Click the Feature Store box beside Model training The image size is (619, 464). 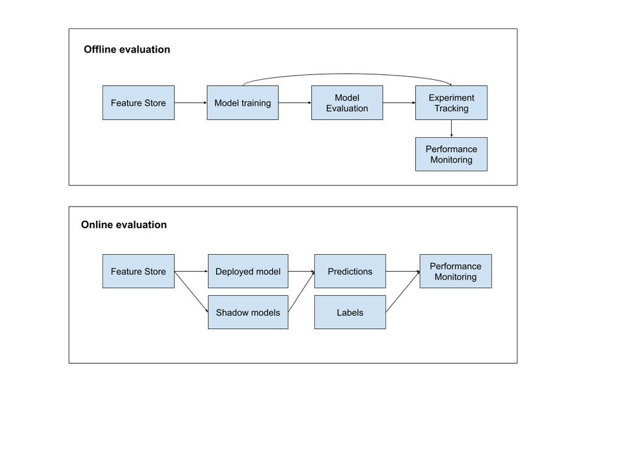(138, 103)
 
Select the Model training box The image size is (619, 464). (243, 103)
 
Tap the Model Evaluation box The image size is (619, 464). (347, 103)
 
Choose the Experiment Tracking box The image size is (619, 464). (451, 103)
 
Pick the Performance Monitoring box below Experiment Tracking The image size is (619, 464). (451, 154)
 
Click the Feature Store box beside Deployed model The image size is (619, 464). (138, 271)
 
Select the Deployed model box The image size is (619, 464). (248, 271)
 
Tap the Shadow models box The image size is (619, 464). (248, 312)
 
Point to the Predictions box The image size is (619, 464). (350, 271)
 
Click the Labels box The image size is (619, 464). (350, 312)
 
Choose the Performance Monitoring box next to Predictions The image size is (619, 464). (456, 271)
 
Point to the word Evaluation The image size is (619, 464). (347, 108)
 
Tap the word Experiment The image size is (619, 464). (451, 98)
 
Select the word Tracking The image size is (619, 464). (451, 108)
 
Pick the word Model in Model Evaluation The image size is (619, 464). (347, 98)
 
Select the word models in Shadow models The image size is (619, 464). (266, 312)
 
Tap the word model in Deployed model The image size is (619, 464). (269, 272)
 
